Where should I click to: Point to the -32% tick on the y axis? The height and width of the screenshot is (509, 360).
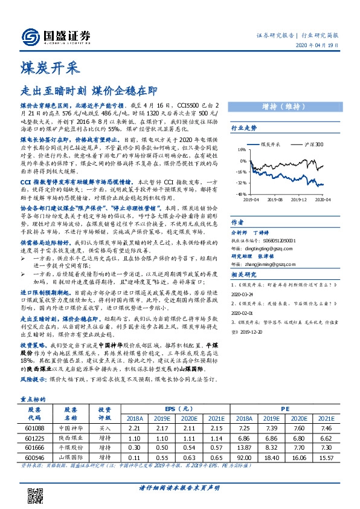241,182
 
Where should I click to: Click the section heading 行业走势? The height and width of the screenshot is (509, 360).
244,128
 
